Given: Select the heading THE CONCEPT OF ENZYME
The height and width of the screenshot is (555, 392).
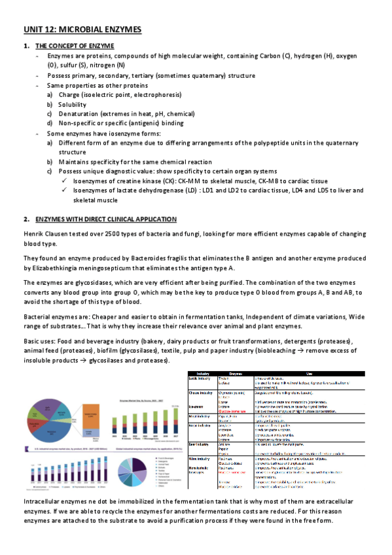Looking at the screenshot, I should [74, 45].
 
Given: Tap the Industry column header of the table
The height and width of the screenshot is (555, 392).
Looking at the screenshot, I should [203, 373].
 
